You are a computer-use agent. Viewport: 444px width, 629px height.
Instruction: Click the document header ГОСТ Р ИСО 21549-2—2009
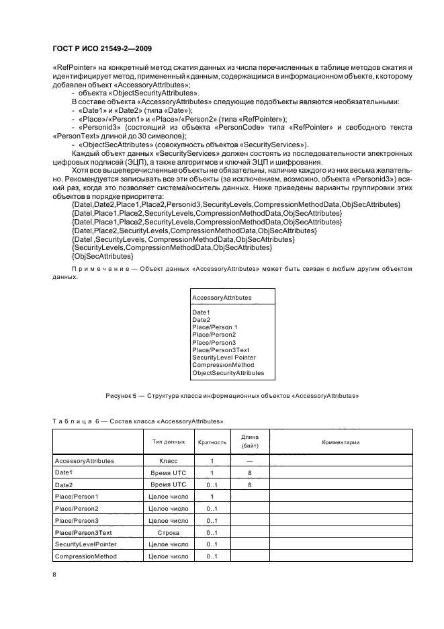(101, 49)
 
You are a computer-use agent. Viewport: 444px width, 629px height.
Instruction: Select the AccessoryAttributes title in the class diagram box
(222, 296)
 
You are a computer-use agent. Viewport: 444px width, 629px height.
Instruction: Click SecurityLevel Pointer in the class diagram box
(224, 358)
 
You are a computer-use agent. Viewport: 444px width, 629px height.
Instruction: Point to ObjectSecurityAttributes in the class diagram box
(228, 372)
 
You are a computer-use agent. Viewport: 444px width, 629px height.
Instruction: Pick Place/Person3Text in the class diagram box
(220, 350)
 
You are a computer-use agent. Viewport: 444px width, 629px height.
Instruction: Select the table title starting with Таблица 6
(138, 421)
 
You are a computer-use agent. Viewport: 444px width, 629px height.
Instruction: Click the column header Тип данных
(169, 442)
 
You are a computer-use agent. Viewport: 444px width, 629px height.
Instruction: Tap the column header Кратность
(212, 442)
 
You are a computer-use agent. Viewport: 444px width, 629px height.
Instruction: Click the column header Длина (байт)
(249, 442)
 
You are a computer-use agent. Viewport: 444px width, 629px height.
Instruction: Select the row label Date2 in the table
(63, 485)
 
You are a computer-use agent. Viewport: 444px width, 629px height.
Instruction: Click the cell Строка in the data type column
(169, 532)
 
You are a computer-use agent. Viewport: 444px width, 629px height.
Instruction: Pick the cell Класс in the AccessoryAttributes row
(169, 461)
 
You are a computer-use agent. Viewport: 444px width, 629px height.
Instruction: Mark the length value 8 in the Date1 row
(249, 473)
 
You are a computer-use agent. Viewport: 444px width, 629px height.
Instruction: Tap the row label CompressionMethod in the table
(85, 556)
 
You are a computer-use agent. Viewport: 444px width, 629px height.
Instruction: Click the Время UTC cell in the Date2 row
(169, 485)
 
